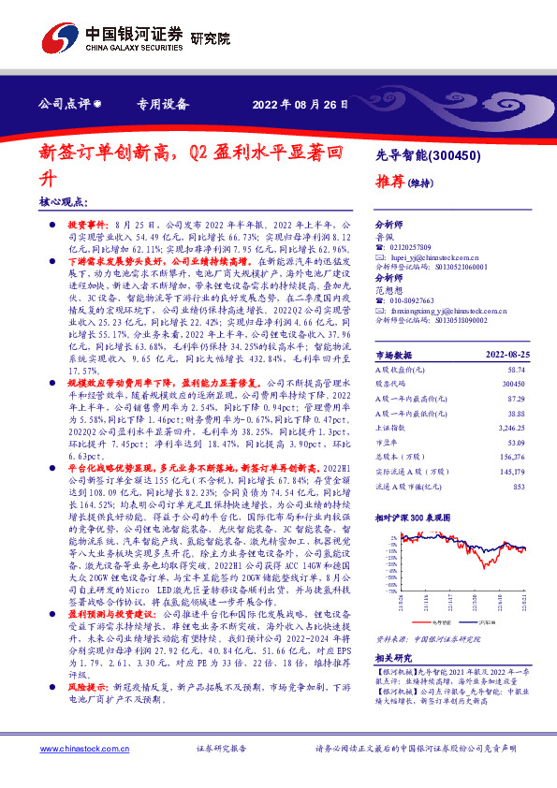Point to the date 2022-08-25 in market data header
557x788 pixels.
pyautogui.click(x=506, y=356)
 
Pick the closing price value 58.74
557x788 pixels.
pyautogui.click(x=516, y=370)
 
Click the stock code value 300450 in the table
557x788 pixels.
pyautogui.click(x=514, y=384)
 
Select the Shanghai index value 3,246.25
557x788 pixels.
pyautogui.click(x=510, y=426)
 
